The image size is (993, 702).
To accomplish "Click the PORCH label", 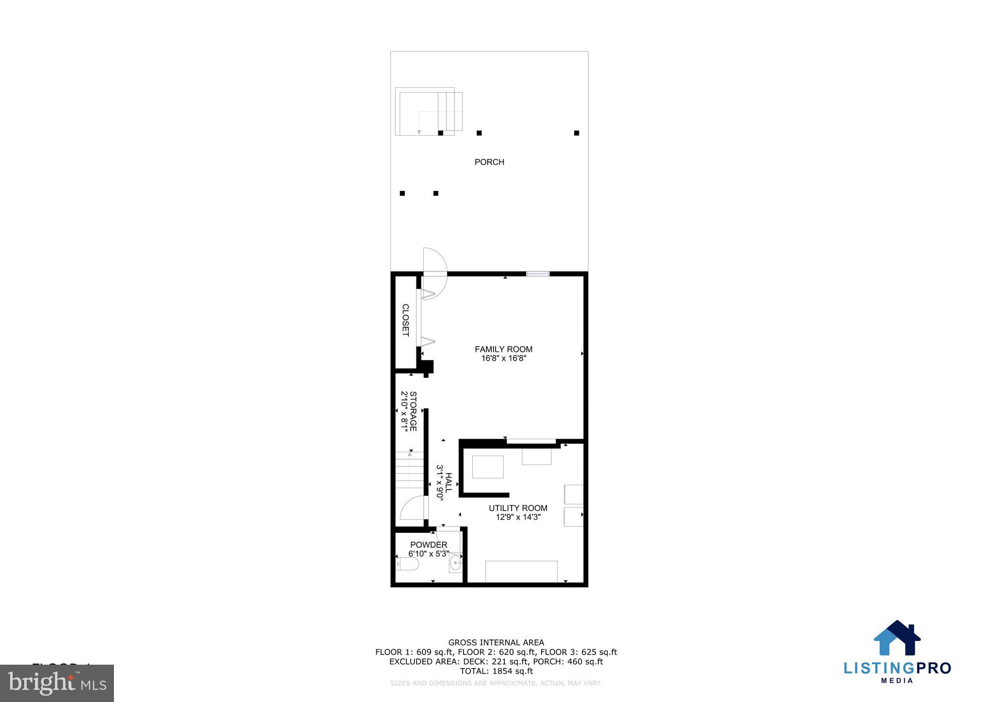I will pos(489,162).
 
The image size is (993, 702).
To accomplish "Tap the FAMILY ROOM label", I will pos(503,349).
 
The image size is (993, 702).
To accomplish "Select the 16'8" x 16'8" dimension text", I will pos(503,359).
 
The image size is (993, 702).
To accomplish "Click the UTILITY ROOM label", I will pos(518,508).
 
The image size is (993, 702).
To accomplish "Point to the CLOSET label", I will pos(405,320).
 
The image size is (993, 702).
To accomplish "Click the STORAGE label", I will pos(413,411).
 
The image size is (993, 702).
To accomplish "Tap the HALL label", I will pos(448,483).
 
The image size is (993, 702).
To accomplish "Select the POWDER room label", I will pos(429,545).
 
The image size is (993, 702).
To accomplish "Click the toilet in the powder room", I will pos(408,564).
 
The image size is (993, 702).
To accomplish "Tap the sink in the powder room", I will pos(455,563).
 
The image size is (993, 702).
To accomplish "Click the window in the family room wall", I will pos(538,274).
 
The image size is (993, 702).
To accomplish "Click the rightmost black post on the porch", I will pos(577,133).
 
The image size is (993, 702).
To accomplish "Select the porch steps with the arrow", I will pos(429,112).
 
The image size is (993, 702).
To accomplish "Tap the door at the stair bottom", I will pos(413,509).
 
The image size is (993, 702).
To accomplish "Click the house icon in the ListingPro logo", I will pos(897,638).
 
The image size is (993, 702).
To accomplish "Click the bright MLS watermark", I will pos(57,684).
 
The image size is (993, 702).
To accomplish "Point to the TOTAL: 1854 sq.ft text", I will pos(496,671).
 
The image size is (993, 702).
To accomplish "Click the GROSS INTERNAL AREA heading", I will pos(496,643).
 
